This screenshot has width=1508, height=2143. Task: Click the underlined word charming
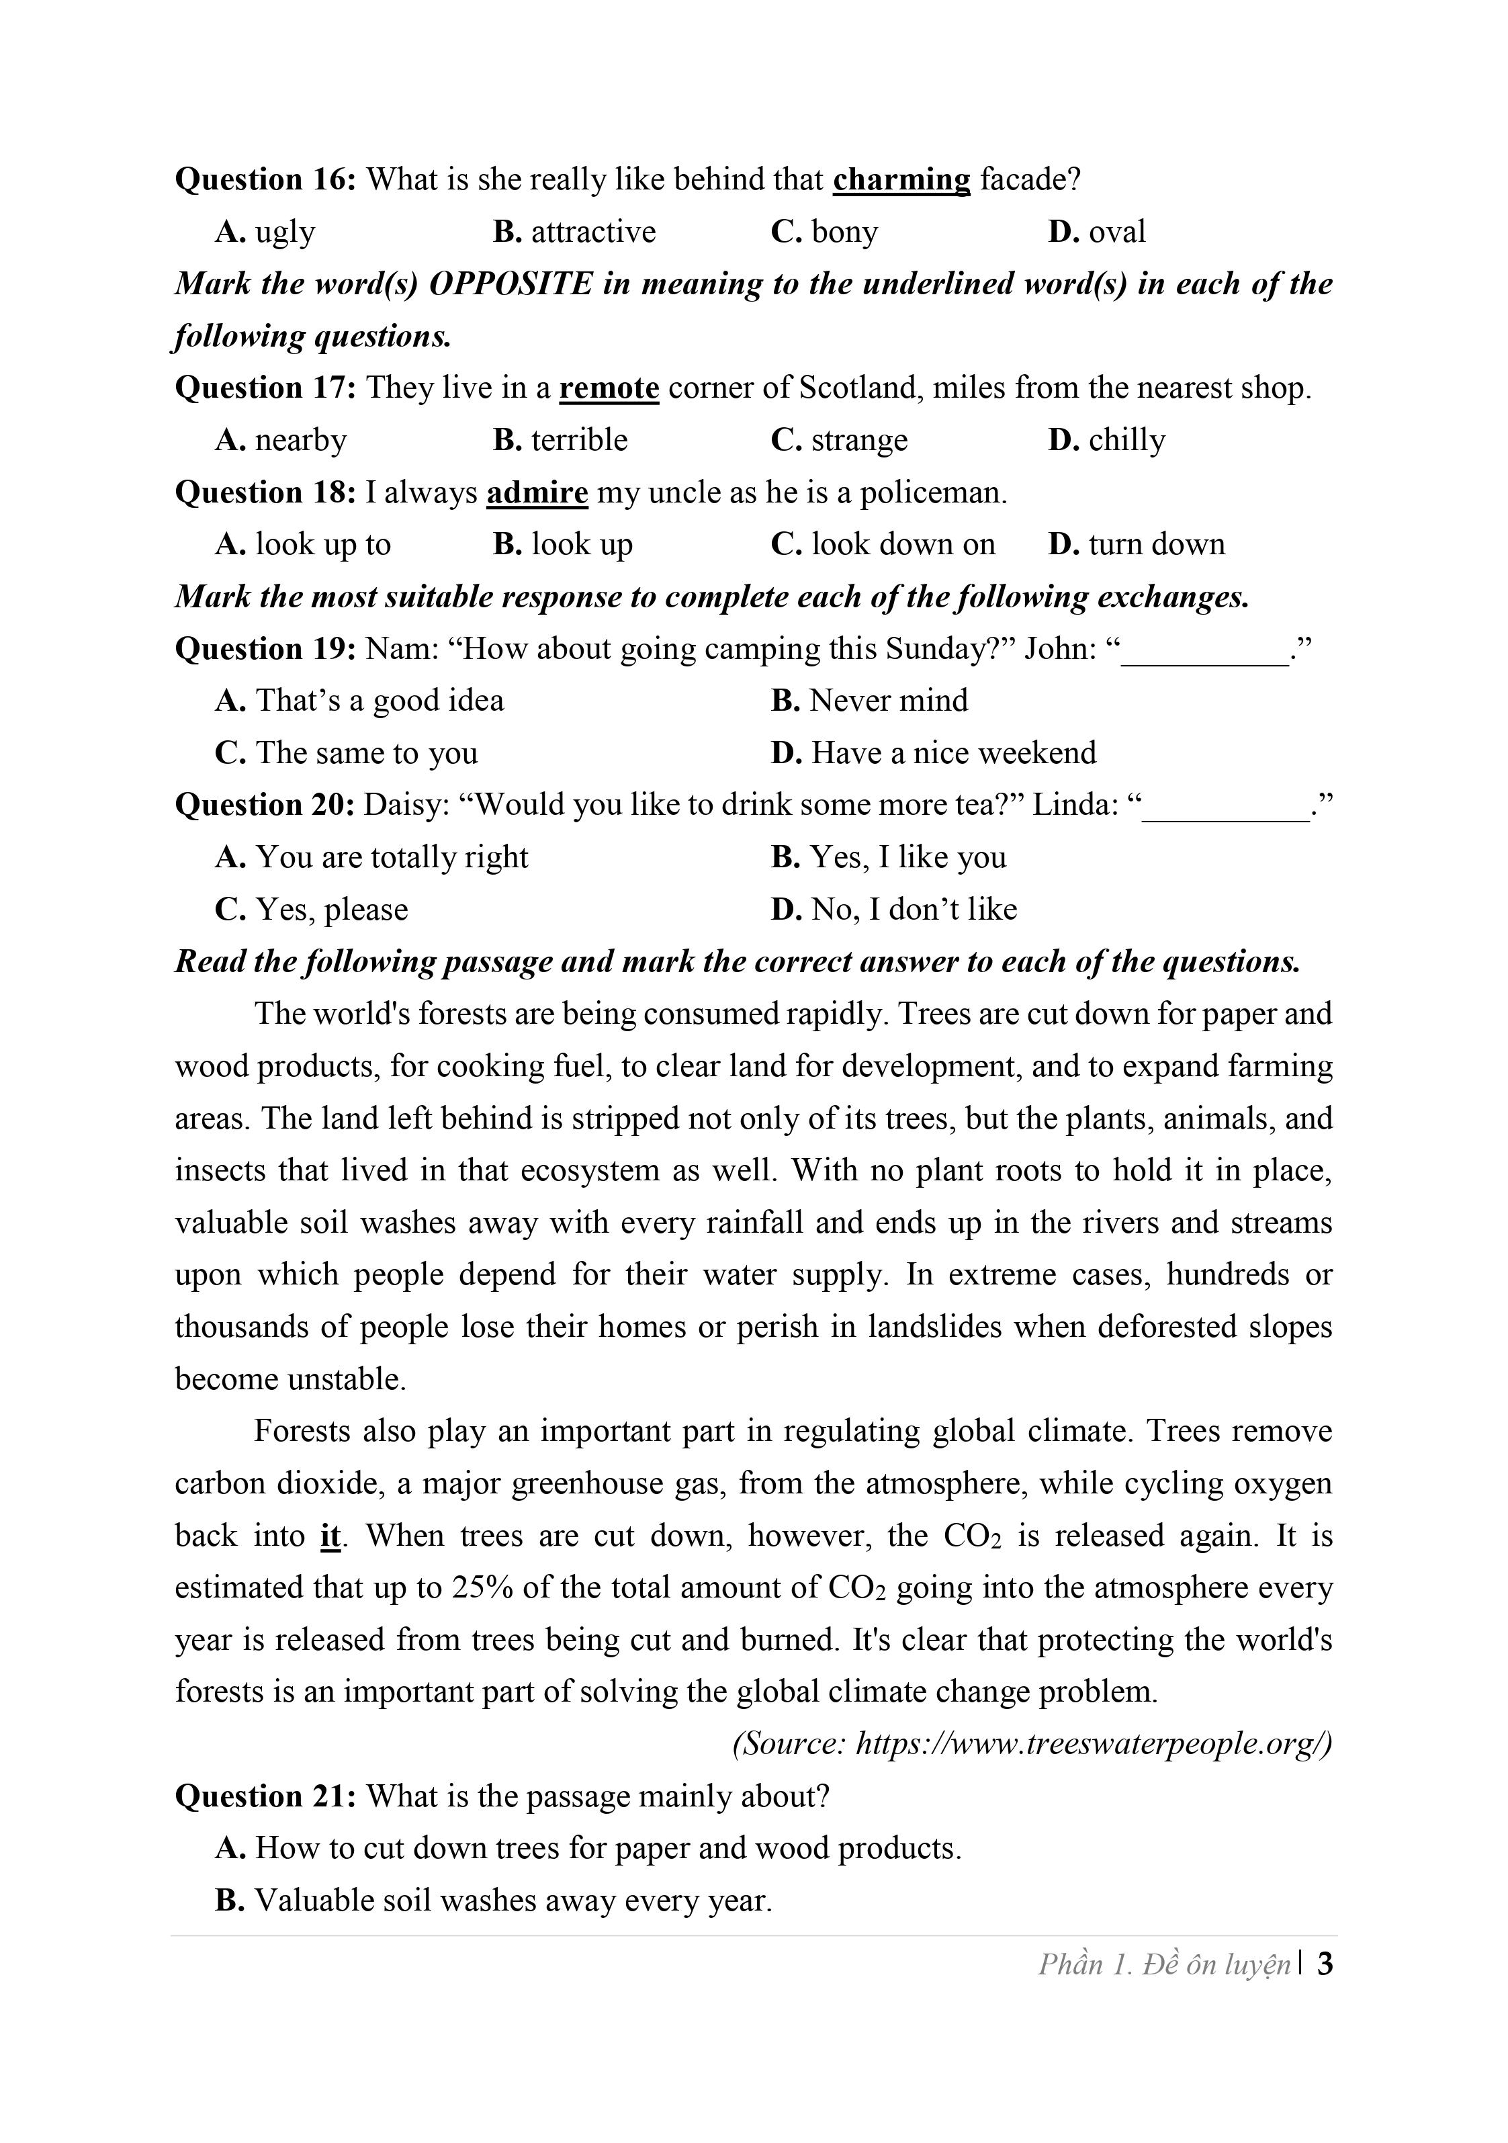[901, 179]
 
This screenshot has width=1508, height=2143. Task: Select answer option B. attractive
[574, 232]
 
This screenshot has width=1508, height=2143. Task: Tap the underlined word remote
[609, 388]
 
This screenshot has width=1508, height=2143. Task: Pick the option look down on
[883, 544]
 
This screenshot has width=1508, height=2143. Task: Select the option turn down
[1136, 544]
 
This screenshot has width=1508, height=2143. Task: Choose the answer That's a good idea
[359, 701]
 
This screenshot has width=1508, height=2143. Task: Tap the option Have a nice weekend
[933, 753]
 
